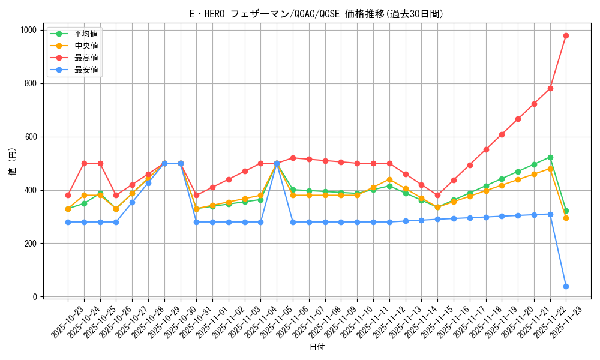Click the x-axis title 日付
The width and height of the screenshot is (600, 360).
(317, 347)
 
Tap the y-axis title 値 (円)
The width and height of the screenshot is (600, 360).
(13, 163)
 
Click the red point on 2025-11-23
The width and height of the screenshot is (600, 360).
(566, 35)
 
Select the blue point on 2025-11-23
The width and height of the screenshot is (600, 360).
(566, 286)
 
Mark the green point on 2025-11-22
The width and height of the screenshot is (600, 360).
(550, 157)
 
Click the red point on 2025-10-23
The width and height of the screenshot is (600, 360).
(68, 195)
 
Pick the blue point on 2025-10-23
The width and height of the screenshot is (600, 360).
(68, 222)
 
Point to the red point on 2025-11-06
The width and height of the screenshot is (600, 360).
(293, 158)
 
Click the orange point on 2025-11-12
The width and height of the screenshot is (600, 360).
(389, 179)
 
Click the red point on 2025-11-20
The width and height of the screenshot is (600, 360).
(518, 119)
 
